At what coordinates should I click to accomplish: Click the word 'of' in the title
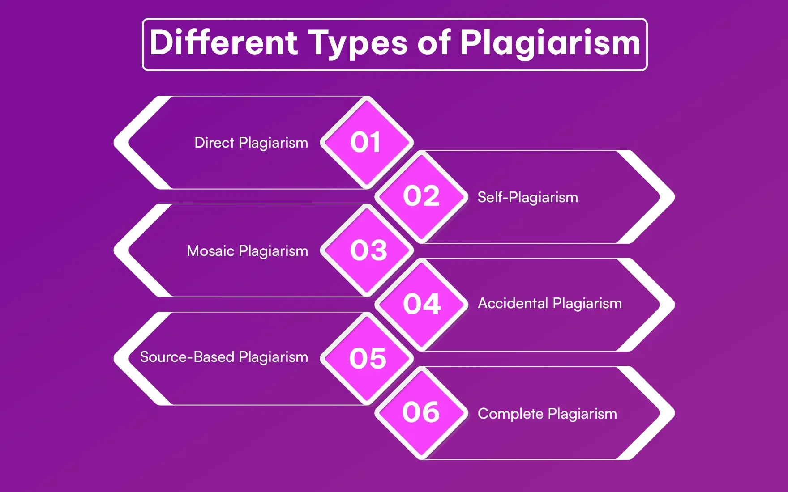pos(433,43)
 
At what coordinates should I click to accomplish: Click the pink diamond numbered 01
pos(367,143)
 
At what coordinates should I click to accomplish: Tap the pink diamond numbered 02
pos(421,197)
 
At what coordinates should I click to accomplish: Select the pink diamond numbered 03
pos(367,250)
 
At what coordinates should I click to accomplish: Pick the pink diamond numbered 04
pos(421,305)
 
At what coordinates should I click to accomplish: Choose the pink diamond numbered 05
pos(367,358)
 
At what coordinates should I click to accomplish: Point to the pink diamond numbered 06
pos(421,412)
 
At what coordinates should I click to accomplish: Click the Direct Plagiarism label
pos(251,143)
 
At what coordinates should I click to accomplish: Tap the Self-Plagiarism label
pos(527,197)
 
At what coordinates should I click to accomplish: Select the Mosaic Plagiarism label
pos(247,251)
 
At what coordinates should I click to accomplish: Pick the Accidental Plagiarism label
pos(550,303)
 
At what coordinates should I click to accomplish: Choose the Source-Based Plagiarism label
pos(224,357)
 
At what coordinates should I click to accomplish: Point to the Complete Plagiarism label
pos(547,414)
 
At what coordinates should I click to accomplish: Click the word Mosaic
pos(210,251)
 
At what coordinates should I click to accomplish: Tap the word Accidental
pos(513,303)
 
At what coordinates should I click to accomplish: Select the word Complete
pos(510,414)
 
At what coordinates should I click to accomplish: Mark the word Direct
pos(214,143)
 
